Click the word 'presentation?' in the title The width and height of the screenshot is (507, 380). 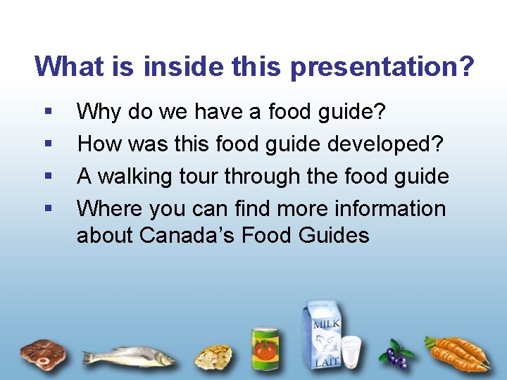tap(382, 67)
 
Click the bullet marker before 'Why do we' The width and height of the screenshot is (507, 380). tap(47, 111)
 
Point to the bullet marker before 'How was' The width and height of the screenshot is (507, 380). tap(47, 144)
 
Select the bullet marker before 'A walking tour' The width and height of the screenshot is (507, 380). tap(47, 176)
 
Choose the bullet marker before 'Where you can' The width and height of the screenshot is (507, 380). tap(47, 208)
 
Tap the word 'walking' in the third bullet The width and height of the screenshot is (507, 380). tap(149, 176)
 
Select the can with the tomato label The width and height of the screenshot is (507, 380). tap(265, 349)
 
